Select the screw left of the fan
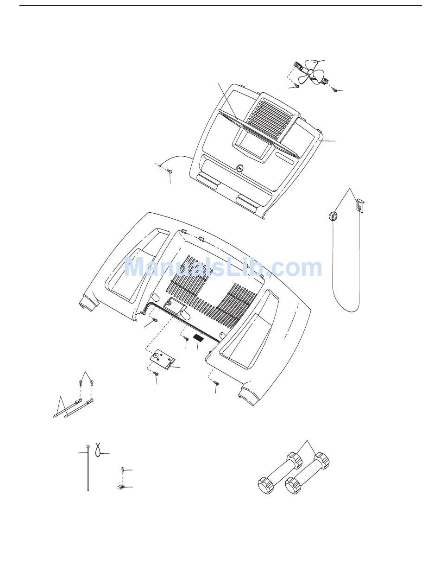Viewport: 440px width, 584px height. [297, 86]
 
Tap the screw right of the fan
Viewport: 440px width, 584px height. [334, 90]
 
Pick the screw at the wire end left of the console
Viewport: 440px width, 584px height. [169, 172]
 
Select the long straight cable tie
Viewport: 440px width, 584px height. [87, 468]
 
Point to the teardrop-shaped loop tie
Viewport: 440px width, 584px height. [98, 449]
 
